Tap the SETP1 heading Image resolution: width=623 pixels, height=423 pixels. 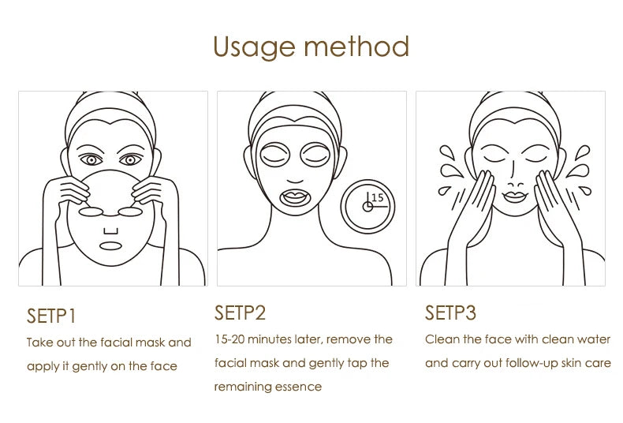(x=51, y=316)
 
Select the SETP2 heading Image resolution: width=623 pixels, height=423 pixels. (x=240, y=313)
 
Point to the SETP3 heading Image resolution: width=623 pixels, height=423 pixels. (x=451, y=313)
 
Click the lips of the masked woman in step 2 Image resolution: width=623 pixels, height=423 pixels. (x=302, y=193)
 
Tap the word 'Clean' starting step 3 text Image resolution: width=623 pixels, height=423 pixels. (x=440, y=339)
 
